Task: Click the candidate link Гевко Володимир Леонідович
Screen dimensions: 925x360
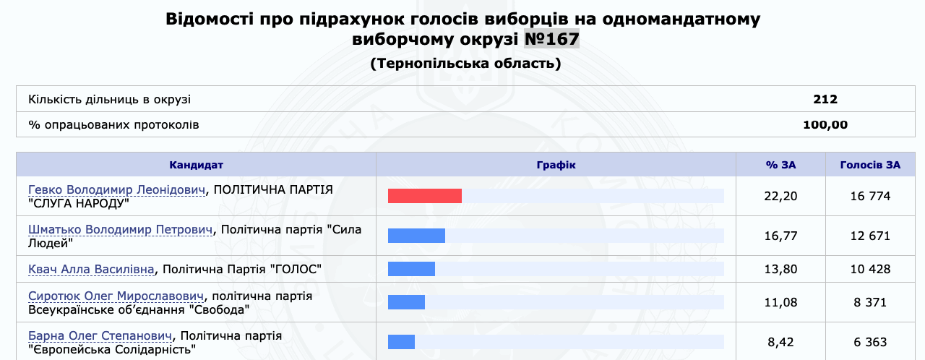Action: [117, 190]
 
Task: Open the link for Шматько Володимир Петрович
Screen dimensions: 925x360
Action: [121, 230]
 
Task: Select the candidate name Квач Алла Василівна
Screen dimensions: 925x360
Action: [91, 269]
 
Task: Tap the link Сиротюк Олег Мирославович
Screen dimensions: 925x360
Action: [116, 296]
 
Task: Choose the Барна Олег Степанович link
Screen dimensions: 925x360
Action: [100, 335]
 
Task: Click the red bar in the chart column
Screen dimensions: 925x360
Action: [424, 196]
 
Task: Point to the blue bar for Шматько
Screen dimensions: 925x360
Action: [416, 236]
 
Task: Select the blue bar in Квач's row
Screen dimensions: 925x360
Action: [411, 269]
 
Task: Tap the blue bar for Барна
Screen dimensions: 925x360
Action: [401, 342]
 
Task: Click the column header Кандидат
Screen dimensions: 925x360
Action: [196, 165]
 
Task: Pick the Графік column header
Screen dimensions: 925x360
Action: [556, 165]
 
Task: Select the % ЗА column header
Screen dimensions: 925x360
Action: [780, 165]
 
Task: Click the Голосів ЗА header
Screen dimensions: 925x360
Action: [870, 165]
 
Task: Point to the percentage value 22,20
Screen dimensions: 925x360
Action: [780, 196]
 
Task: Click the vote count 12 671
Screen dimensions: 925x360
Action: [870, 236]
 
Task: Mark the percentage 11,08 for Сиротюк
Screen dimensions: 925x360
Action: [780, 303]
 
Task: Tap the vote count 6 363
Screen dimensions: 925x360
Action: [870, 342]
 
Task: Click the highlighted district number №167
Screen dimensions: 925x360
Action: [551, 39]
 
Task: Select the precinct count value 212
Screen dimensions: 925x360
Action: [825, 99]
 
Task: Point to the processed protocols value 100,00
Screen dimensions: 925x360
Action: [825, 124]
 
